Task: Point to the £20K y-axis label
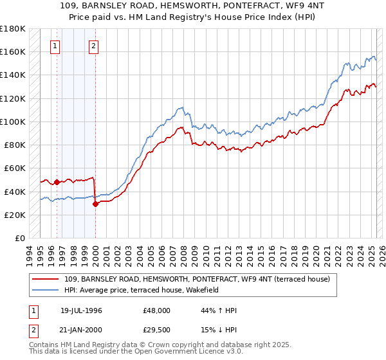(x=15, y=215)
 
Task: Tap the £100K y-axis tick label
(x=13, y=122)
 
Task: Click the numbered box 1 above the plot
(x=55, y=46)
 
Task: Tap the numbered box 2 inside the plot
(x=94, y=46)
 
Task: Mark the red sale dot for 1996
(x=57, y=182)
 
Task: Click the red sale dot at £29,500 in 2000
(x=95, y=204)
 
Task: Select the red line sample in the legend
(x=46, y=279)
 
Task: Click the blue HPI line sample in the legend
(x=46, y=290)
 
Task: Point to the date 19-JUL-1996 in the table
(x=81, y=310)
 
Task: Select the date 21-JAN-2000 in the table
(x=81, y=330)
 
